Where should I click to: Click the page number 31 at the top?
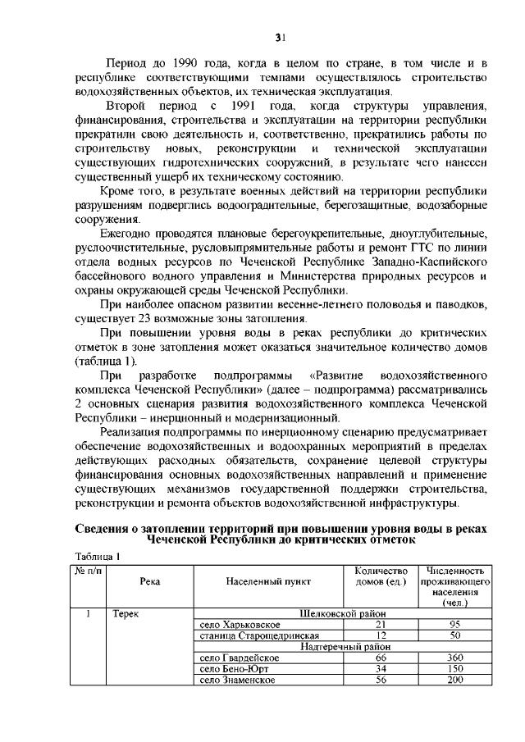point(279,36)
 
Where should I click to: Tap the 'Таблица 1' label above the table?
point(98,556)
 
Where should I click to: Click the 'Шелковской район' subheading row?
point(343,613)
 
